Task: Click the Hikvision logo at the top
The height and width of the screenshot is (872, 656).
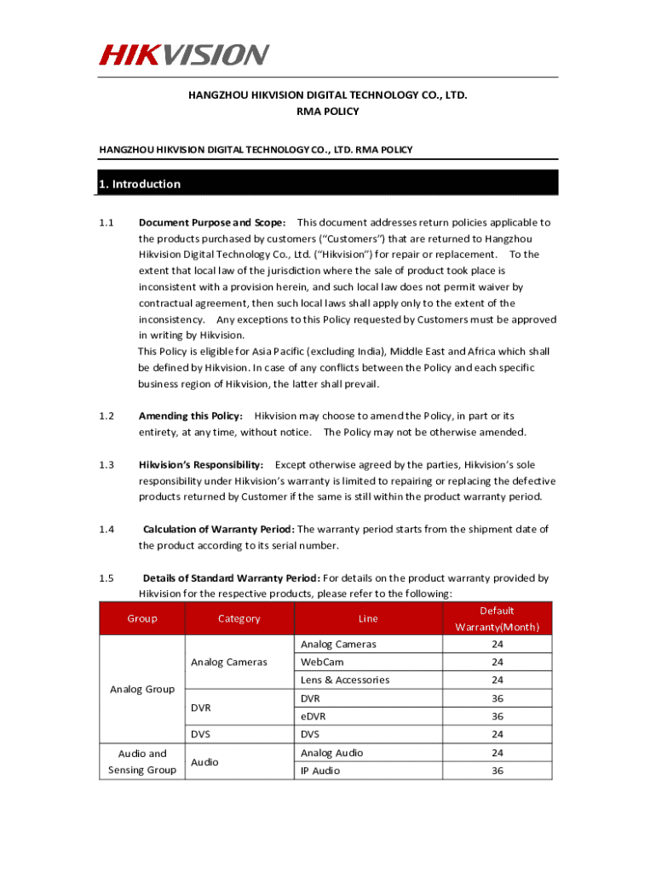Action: (x=184, y=55)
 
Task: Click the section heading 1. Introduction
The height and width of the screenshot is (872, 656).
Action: (x=140, y=184)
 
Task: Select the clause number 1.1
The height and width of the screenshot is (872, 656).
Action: (x=106, y=222)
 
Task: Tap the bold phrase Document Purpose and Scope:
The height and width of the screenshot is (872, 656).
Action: (x=212, y=222)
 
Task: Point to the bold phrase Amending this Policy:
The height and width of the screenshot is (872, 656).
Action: (x=191, y=416)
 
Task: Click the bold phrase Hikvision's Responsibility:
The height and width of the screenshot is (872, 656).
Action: (x=201, y=464)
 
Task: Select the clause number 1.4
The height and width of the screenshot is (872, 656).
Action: (x=106, y=529)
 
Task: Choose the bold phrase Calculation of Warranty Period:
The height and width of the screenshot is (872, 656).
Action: (x=218, y=529)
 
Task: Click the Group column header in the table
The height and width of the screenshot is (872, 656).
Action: (x=142, y=619)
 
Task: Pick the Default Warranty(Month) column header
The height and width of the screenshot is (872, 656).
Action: (x=497, y=619)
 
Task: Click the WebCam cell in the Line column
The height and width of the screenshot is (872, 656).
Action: (x=319, y=662)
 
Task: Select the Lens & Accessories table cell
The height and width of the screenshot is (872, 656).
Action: (x=344, y=680)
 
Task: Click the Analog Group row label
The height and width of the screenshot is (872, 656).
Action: (x=142, y=689)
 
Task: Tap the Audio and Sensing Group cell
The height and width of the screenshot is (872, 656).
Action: (x=142, y=761)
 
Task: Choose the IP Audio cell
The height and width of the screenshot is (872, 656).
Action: (x=319, y=771)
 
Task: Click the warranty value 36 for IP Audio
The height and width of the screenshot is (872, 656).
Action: (x=498, y=771)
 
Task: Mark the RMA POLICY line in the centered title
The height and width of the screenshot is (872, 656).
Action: (x=328, y=112)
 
